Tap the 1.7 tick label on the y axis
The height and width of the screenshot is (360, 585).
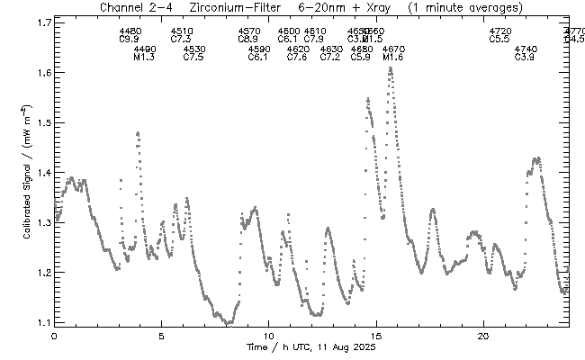39,22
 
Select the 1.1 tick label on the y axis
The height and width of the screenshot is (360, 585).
39,321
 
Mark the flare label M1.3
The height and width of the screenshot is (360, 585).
144,58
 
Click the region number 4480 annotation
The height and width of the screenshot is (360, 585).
130,31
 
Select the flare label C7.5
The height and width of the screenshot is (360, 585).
193,58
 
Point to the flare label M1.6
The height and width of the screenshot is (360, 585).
393,58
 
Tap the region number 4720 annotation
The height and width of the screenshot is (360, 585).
500,31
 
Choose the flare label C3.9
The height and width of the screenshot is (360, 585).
525,58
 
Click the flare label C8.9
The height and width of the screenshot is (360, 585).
249,40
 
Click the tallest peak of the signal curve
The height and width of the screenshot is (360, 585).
390,68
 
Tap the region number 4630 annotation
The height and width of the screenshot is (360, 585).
330,49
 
